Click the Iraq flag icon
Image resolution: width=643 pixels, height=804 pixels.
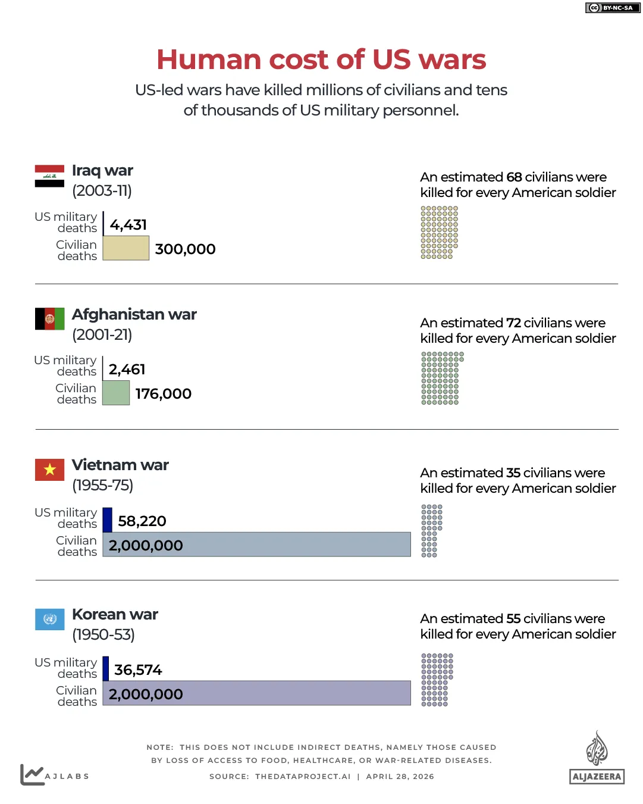pos(49,176)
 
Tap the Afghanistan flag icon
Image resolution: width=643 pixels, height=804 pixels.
pos(49,319)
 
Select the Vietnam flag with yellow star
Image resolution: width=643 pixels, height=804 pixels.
pos(49,470)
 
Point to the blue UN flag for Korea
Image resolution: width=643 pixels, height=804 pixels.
pos(49,619)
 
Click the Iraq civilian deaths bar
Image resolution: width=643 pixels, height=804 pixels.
pos(126,248)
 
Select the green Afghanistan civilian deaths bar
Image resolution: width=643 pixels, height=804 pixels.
pos(116,393)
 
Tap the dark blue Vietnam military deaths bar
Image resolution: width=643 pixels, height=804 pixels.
pos(108,520)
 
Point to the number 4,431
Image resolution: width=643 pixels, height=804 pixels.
pos(128,225)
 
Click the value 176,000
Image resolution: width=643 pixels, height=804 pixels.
pos(163,394)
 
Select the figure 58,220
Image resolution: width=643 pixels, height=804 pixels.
pos(142,521)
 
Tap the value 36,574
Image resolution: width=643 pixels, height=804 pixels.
pos(138,670)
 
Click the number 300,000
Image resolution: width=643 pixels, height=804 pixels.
pos(185,249)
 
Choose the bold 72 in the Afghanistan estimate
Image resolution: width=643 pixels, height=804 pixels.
pos(513,323)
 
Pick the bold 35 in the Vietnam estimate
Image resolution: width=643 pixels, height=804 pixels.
pos(513,473)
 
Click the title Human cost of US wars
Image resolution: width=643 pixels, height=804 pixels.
pos(321,60)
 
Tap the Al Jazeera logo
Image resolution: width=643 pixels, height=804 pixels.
pos(597,759)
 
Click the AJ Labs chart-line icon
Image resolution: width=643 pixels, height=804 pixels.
pos(32,774)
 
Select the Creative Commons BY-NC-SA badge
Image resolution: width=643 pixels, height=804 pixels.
pos(613,8)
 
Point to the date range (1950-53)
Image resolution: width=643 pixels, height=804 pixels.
pos(103,635)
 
